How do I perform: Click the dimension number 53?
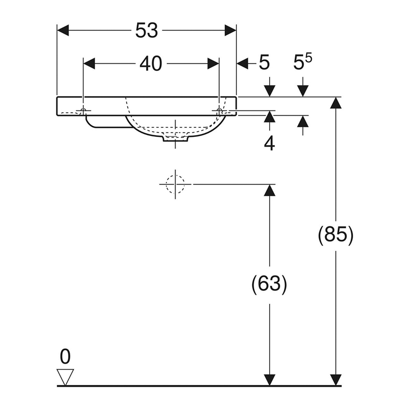(x=146, y=31)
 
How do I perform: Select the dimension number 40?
(x=150, y=63)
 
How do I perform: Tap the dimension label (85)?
(x=336, y=235)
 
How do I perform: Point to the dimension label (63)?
(x=269, y=284)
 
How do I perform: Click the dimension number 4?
(x=269, y=143)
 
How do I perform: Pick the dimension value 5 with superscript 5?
(x=302, y=63)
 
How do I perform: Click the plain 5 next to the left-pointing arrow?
(x=264, y=63)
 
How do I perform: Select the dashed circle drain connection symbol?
(x=175, y=184)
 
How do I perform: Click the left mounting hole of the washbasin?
(x=84, y=111)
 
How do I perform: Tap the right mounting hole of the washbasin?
(x=219, y=111)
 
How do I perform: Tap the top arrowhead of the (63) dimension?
(x=270, y=191)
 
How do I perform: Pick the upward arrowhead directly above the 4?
(x=270, y=117)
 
